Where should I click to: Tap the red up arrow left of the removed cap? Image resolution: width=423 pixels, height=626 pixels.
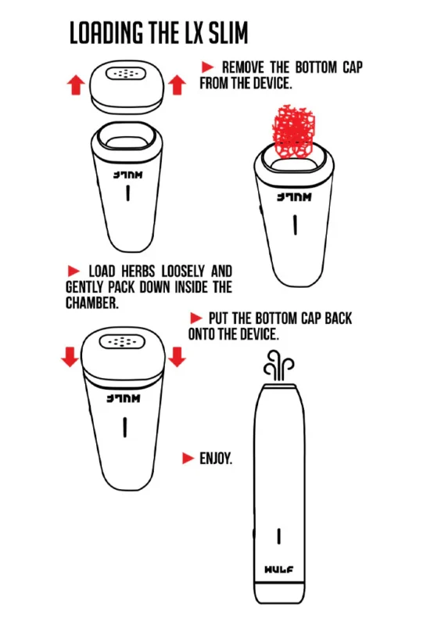pyautogui.click(x=75, y=85)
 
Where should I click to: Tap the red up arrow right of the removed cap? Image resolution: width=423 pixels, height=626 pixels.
pyautogui.click(x=177, y=85)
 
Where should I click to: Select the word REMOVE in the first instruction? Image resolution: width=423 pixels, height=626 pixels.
pyautogui.click(x=242, y=67)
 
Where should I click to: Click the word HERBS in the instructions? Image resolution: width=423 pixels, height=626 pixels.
pyautogui.click(x=138, y=272)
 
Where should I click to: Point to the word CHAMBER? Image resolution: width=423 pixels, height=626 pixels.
pyautogui.click(x=92, y=303)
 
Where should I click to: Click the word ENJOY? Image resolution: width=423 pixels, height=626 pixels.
pyautogui.click(x=216, y=459)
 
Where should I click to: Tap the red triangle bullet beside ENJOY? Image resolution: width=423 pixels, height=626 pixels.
pyautogui.click(x=188, y=459)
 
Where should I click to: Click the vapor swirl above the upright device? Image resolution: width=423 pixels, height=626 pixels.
pyautogui.click(x=278, y=365)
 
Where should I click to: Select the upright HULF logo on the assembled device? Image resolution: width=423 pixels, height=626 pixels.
pyautogui.click(x=278, y=570)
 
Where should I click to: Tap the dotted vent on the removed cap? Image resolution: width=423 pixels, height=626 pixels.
pyautogui.click(x=126, y=74)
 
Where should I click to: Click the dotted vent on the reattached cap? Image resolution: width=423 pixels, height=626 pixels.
pyautogui.click(x=122, y=342)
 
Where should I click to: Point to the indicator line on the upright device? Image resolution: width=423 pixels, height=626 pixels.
pyautogui.click(x=279, y=536)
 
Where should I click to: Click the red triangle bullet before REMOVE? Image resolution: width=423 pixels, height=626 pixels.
pyautogui.click(x=207, y=67)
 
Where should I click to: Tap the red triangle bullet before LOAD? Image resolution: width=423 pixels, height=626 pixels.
pyautogui.click(x=73, y=271)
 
